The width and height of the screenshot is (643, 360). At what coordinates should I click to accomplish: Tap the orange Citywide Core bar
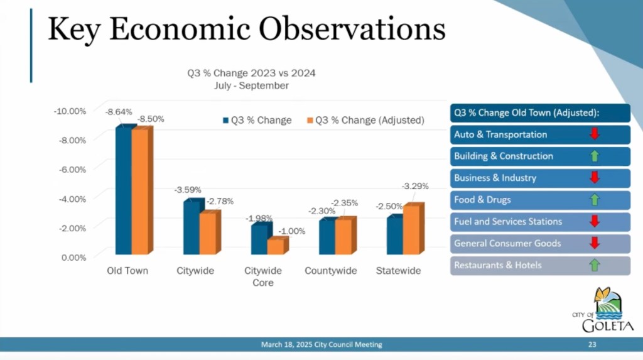click(275, 246)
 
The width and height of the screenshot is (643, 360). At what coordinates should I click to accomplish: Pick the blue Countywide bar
click(327, 237)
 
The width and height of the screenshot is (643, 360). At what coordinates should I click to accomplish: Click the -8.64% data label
click(119, 112)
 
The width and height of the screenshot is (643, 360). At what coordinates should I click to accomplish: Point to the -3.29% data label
click(416, 186)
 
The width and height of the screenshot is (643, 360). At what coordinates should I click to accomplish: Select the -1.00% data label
click(292, 231)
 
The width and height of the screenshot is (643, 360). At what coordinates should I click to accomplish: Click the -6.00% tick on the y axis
click(72, 169)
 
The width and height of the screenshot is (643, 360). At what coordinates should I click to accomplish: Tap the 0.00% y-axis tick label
click(73, 256)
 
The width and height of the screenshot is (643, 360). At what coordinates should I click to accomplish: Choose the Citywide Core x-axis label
click(263, 276)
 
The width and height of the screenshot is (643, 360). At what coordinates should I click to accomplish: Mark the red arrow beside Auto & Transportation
click(595, 134)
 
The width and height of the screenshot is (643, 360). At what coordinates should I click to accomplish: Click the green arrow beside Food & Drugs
click(595, 200)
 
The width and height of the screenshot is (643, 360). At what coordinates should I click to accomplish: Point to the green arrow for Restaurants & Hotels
click(595, 265)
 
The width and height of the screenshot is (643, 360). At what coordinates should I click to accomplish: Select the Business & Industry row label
click(495, 178)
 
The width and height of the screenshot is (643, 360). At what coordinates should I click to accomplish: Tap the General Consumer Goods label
click(507, 243)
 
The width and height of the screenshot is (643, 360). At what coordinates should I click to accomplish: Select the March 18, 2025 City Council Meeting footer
click(321, 344)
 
